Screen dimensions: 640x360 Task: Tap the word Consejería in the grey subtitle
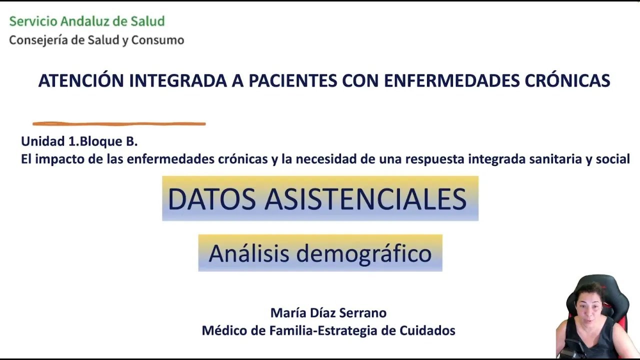pyautogui.click(x=38, y=40)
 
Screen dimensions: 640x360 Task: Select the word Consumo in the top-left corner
pyautogui.click(x=157, y=40)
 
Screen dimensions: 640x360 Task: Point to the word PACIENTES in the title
pyautogui.click(x=293, y=81)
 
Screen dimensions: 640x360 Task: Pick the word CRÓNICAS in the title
pyautogui.click(x=567, y=80)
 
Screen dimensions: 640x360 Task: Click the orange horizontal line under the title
pyautogui.click(x=119, y=123)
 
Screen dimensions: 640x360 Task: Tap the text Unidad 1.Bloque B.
pyautogui.click(x=79, y=141)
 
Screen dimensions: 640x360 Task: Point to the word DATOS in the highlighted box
pyautogui.click(x=211, y=199)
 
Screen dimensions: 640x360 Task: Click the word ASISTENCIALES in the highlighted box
pyautogui.click(x=365, y=199)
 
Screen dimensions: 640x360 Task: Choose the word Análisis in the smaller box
pyautogui.click(x=249, y=253)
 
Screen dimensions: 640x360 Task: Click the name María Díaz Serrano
pyautogui.click(x=328, y=313)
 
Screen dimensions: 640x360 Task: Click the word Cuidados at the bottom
pyautogui.click(x=427, y=330)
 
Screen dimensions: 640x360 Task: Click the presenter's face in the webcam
pyautogui.click(x=589, y=307)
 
